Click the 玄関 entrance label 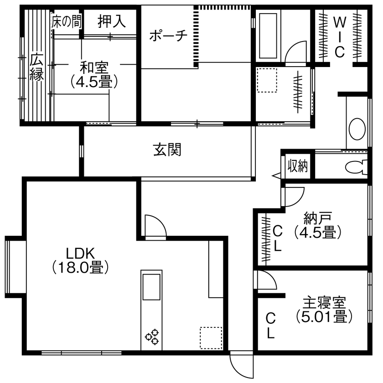(166, 150)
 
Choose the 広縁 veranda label (36, 67)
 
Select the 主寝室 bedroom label (324, 302)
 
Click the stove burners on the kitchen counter (152, 337)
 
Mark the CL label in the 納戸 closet (277, 238)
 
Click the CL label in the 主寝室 (271, 326)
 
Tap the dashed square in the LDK (211, 338)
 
